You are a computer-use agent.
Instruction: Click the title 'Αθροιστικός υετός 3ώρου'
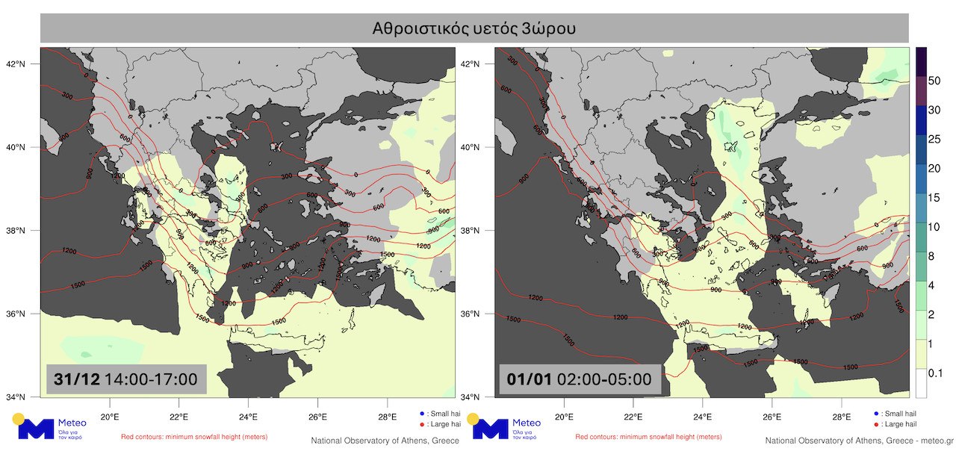point(474,28)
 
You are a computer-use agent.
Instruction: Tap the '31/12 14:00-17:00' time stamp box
point(125,379)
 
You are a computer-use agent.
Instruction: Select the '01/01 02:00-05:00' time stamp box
point(580,379)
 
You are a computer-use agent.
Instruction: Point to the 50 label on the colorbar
point(933,81)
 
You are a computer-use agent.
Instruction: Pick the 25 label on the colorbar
point(933,140)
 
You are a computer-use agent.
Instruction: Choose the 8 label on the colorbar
point(931,256)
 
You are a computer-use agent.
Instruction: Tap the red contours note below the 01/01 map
point(648,437)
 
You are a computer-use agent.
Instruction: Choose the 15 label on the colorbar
point(933,198)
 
